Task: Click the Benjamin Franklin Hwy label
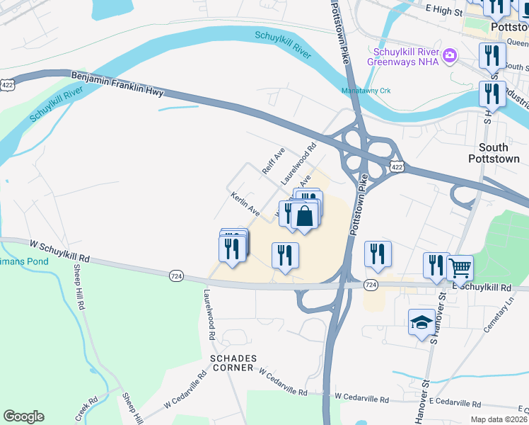117,82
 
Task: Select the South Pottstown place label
493,152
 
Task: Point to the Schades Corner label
231,363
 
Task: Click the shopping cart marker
460,268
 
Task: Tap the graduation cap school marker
422,322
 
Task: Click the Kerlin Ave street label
244,203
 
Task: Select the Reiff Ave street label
273,161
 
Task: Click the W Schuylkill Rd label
59,250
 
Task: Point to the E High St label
443,11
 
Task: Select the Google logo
23,416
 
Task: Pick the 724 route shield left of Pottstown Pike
177,274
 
